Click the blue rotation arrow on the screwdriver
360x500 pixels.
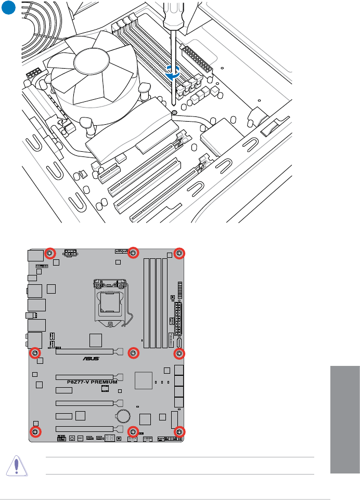click(173, 73)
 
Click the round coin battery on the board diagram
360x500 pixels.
click(123, 415)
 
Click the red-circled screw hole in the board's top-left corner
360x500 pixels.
click(50, 253)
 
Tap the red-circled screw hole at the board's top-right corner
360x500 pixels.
click(179, 253)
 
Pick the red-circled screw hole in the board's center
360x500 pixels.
click(134, 353)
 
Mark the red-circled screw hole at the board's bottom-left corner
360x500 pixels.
click(36, 432)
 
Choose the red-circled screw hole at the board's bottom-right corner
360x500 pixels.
click(179, 432)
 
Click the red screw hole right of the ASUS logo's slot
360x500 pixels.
click(179, 353)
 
